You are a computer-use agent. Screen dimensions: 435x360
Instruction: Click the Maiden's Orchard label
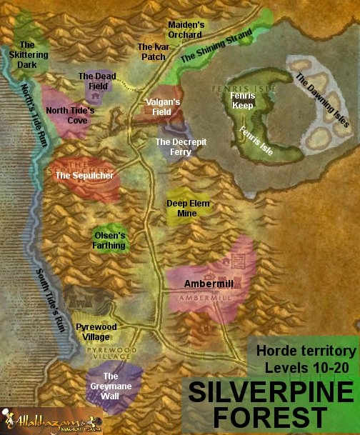(x=186, y=29)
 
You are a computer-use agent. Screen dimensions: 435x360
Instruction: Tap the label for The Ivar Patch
(x=151, y=51)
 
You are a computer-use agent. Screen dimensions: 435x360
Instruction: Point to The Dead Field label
(x=96, y=81)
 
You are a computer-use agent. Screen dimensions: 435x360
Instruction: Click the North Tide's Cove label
(x=70, y=116)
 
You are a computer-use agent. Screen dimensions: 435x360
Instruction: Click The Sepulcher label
(x=84, y=175)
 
